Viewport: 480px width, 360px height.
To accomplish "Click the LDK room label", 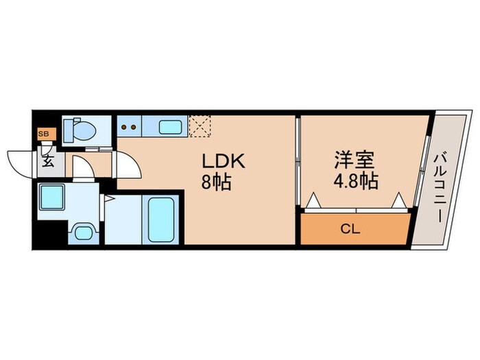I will [223, 161].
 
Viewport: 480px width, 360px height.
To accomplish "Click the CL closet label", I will [350, 228].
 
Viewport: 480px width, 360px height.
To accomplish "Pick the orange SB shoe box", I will [43, 134].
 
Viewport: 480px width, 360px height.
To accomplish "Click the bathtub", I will [161, 218].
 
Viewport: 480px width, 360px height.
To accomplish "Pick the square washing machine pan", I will [51, 198].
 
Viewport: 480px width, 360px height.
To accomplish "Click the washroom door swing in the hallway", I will [82, 168].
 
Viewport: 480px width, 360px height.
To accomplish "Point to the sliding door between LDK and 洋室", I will [297, 161].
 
